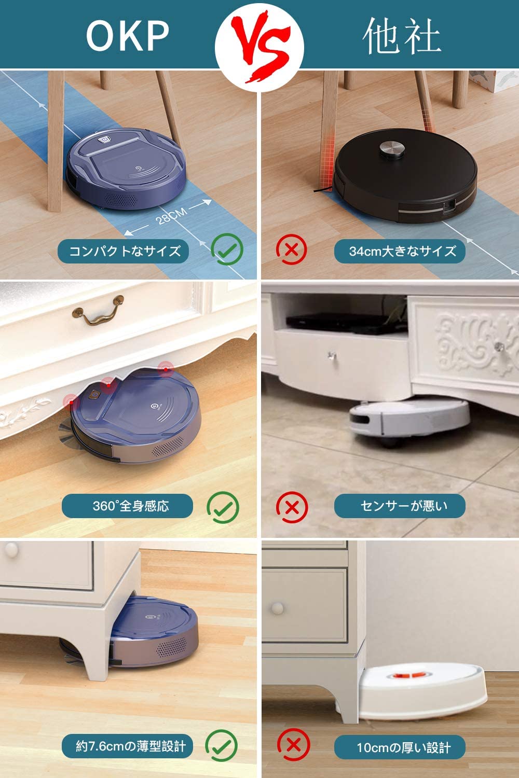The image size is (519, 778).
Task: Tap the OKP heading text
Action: coord(127,35)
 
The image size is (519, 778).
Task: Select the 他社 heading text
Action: coord(402,36)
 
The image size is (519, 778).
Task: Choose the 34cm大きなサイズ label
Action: coord(402,251)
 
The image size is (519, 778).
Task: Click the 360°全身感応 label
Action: coord(130,506)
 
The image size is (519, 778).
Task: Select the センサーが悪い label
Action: coord(403,506)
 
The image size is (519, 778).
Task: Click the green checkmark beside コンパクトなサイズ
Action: coord(227,249)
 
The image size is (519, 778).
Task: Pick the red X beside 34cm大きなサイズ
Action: coord(292,249)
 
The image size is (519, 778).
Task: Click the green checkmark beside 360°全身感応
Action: coord(223,507)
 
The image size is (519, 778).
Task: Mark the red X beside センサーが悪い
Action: coord(292,507)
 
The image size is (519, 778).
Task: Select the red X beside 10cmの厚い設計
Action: coord(293,745)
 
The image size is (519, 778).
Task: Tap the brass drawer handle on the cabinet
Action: coord(99,310)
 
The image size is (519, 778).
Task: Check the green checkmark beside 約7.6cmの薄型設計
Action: coord(222,745)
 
